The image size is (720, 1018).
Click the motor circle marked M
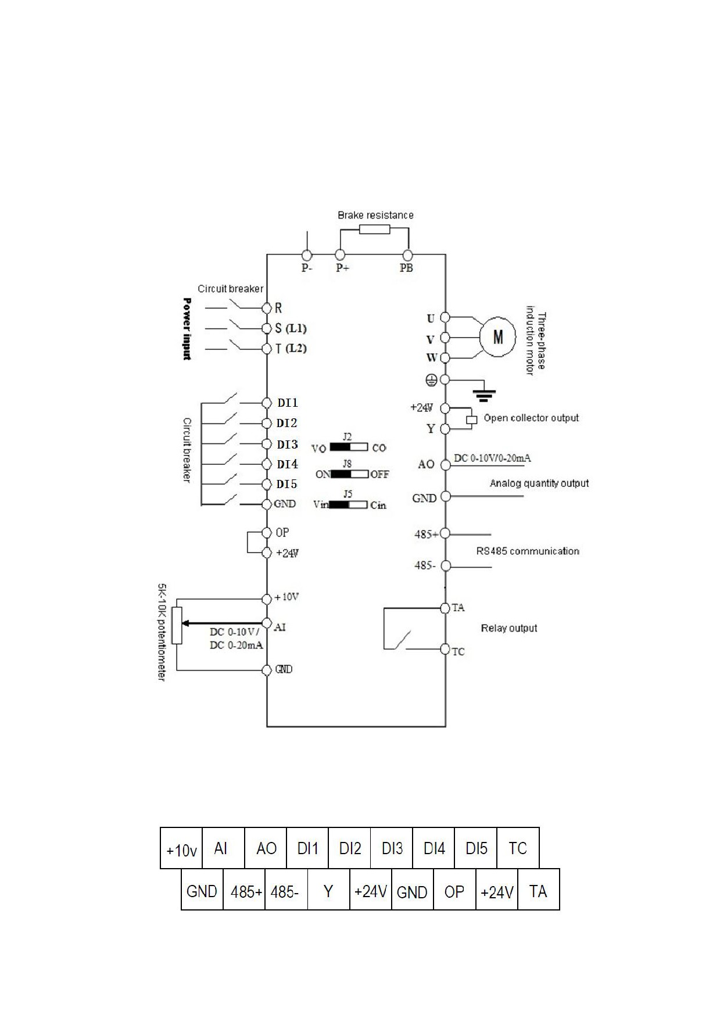(498, 336)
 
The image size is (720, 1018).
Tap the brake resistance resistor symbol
(374, 229)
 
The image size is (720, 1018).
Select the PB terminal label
(406, 268)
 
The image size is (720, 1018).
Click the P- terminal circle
(307, 255)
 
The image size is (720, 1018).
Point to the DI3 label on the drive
(287, 445)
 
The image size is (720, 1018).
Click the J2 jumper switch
(349, 447)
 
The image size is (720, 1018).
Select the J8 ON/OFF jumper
(350, 474)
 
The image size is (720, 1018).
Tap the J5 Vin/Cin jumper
(349, 504)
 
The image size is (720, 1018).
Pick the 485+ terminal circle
(445, 533)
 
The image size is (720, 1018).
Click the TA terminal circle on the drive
(445, 608)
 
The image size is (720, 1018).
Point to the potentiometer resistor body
(177, 625)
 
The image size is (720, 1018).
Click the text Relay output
(509, 628)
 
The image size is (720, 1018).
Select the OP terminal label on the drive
(282, 532)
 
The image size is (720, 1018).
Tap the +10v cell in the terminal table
(181, 848)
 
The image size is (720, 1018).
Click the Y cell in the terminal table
(328, 890)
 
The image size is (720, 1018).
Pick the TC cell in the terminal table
(518, 848)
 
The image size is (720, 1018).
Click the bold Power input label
(187, 329)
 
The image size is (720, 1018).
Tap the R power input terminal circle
(267, 308)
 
